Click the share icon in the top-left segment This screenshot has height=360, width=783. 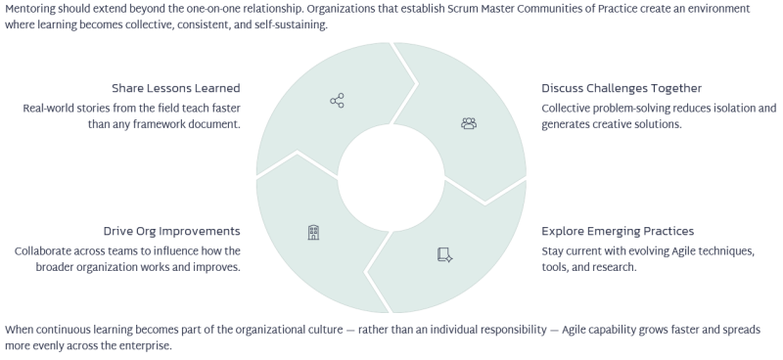tap(337, 101)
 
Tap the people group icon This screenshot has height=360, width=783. tap(469, 123)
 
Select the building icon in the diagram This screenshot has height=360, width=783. tap(313, 232)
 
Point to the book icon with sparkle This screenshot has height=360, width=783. tap(445, 255)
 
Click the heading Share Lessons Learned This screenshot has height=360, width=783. tap(176, 88)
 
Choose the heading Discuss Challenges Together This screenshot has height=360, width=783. tap(622, 88)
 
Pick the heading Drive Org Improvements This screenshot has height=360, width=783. tap(172, 231)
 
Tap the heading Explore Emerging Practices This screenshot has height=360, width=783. tap(618, 231)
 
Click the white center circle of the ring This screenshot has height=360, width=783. tap(391, 178)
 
